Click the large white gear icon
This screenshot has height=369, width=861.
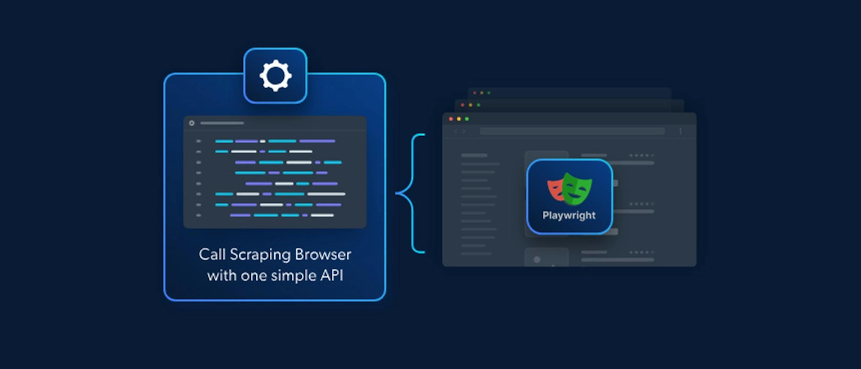[275, 76]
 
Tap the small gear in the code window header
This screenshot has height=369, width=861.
[191, 123]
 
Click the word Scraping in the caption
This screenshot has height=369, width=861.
[260, 255]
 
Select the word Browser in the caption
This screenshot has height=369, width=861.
[323, 255]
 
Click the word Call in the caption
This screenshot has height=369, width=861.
[212, 254]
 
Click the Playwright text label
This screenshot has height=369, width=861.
[569, 215]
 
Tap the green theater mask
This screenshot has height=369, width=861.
[577, 188]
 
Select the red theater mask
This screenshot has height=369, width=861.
[554, 190]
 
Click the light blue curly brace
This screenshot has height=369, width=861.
[411, 193]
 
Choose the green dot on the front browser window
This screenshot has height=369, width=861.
[467, 119]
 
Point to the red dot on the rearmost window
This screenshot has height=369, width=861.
[475, 93]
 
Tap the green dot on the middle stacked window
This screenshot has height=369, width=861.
[479, 105]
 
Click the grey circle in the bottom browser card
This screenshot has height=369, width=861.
[537, 260]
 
